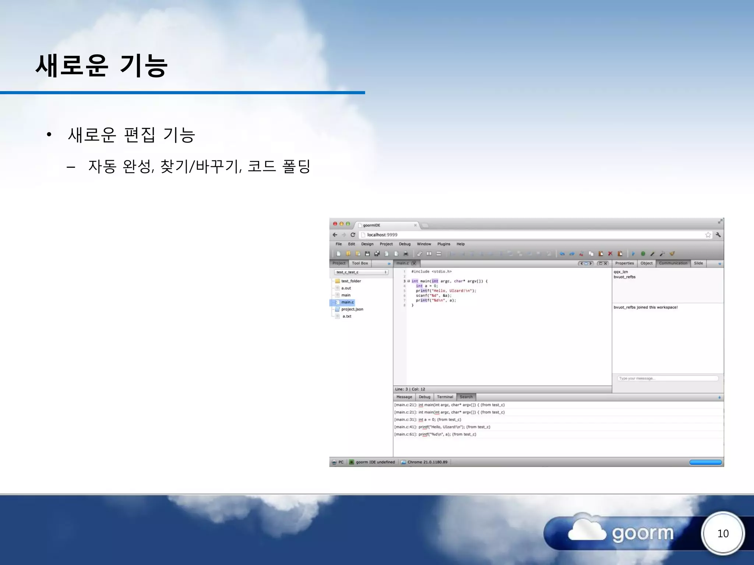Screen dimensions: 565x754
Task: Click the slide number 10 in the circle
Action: pyautogui.click(x=723, y=533)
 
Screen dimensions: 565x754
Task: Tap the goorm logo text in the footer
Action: pyautogui.click(x=642, y=534)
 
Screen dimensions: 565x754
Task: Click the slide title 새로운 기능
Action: pyautogui.click(x=102, y=65)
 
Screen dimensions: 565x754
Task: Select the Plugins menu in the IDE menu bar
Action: pyautogui.click(x=444, y=244)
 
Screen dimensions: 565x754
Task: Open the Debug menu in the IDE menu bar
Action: pyautogui.click(x=405, y=244)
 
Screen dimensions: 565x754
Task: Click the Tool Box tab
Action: pyautogui.click(x=360, y=263)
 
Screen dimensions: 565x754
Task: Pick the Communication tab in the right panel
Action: pyautogui.click(x=673, y=263)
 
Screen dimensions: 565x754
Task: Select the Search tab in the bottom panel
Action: pyautogui.click(x=466, y=397)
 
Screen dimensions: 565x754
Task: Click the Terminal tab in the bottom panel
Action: pyautogui.click(x=445, y=397)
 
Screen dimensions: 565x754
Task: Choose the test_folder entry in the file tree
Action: pyautogui.click(x=351, y=281)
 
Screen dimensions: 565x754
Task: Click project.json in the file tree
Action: pyautogui.click(x=352, y=309)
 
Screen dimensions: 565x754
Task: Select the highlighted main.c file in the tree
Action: pyautogui.click(x=347, y=302)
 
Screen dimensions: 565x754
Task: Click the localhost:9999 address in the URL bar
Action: pyautogui.click(x=382, y=235)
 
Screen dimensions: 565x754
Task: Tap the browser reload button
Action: pyautogui.click(x=353, y=235)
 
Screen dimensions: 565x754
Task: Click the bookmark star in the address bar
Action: pyautogui.click(x=708, y=235)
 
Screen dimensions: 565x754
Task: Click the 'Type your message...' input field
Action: pyautogui.click(x=667, y=379)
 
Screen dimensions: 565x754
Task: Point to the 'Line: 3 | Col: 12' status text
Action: pyautogui.click(x=410, y=389)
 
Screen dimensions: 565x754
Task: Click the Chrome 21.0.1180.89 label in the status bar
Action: pyautogui.click(x=427, y=462)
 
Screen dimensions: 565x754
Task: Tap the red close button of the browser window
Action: pyautogui.click(x=335, y=224)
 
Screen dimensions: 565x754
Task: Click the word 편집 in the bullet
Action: pyautogui.click(x=140, y=135)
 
